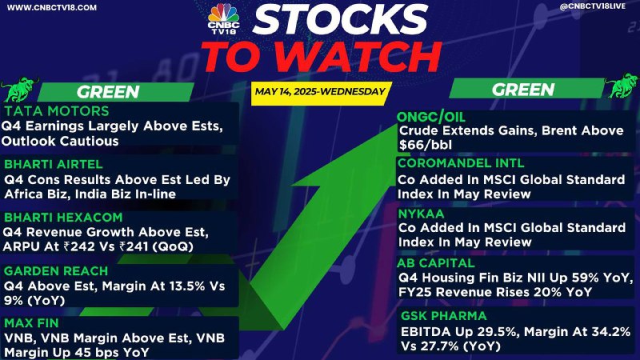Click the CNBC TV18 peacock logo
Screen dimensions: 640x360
point(223,18)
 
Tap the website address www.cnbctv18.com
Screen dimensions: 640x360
point(52,7)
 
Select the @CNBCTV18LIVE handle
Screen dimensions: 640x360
point(593,6)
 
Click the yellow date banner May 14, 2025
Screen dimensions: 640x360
point(321,92)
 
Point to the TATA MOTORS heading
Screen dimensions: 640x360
point(57,111)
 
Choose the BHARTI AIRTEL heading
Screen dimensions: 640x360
point(53,164)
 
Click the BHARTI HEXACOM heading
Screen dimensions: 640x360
point(63,217)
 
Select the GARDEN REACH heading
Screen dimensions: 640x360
point(56,271)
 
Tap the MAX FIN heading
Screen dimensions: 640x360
point(31,323)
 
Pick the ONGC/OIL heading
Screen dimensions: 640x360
point(431,118)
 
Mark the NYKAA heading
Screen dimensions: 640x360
point(422,214)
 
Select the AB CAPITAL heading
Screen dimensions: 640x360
point(436,263)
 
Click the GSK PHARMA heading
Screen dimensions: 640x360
point(444,316)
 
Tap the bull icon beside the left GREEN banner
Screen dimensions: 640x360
point(19,89)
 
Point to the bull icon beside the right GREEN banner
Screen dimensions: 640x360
point(622,86)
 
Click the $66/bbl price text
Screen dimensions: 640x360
point(426,146)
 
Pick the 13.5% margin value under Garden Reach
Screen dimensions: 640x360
point(186,286)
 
